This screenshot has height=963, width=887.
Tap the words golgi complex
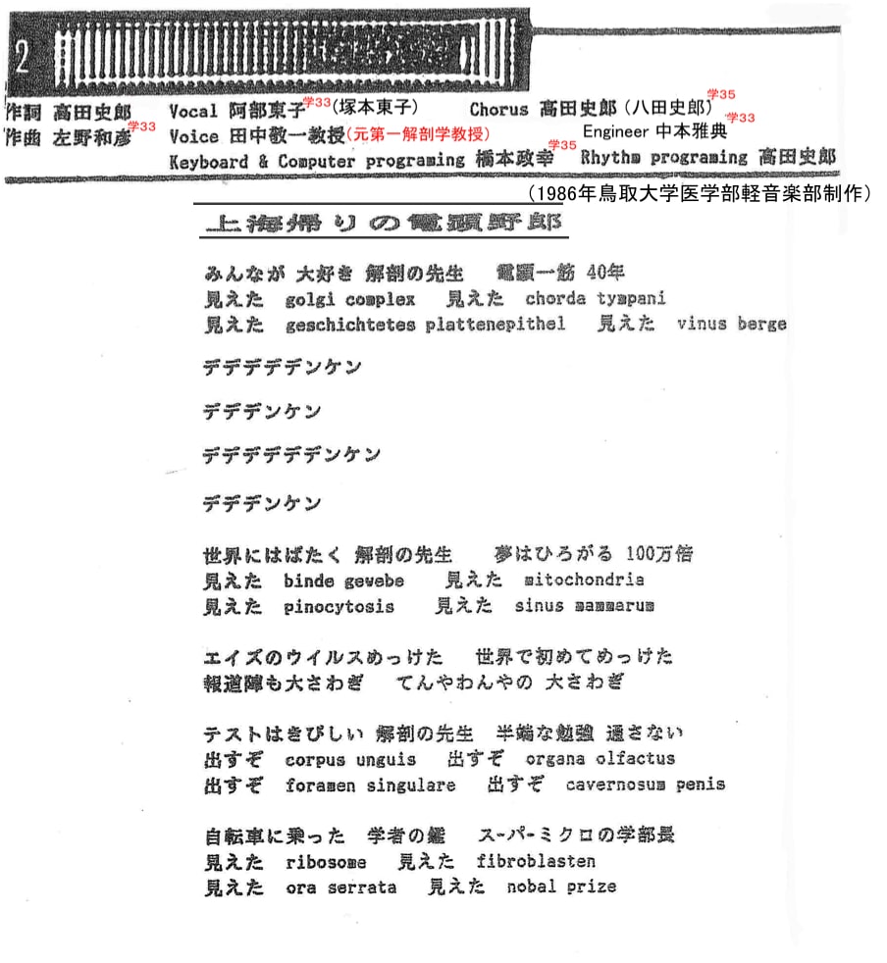click(350, 299)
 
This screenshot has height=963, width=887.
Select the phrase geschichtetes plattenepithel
click(425, 325)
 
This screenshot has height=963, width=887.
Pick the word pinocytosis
click(339, 607)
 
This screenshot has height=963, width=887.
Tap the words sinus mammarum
click(584, 607)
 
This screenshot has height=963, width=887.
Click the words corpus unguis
click(350, 759)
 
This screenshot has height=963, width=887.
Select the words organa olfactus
click(600, 759)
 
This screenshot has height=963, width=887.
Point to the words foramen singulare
click(370, 786)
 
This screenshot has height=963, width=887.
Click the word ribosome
click(326, 862)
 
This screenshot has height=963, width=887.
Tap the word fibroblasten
click(536, 862)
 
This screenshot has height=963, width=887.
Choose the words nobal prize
click(561, 887)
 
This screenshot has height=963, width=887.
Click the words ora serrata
click(340, 887)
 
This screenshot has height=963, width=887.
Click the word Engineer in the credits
click(616, 130)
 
